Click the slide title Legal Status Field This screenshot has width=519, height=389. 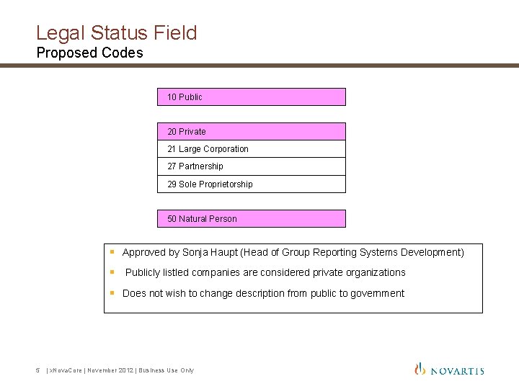click(x=116, y=32)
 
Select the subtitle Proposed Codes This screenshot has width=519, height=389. click(x=89, y=53)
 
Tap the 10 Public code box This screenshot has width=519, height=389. click(x=251, y=97)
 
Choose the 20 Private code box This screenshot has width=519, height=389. click(x=251, y=131)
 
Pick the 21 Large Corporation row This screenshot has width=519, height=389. click(x=251, y=149)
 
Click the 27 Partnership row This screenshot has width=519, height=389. click(x=251, y=166)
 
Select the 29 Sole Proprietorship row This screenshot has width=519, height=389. click(x=251, y=184)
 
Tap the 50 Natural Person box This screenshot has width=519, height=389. click(x=251, y=219)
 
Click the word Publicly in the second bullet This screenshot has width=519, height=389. click(x=143, y=272)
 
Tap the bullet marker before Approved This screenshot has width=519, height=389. click(x=112, y=252)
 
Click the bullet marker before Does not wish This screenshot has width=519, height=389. click(x=112, y=292)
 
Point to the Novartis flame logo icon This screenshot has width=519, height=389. click(x=420, y=369)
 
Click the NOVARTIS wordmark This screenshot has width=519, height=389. click(x=458, y=371)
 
